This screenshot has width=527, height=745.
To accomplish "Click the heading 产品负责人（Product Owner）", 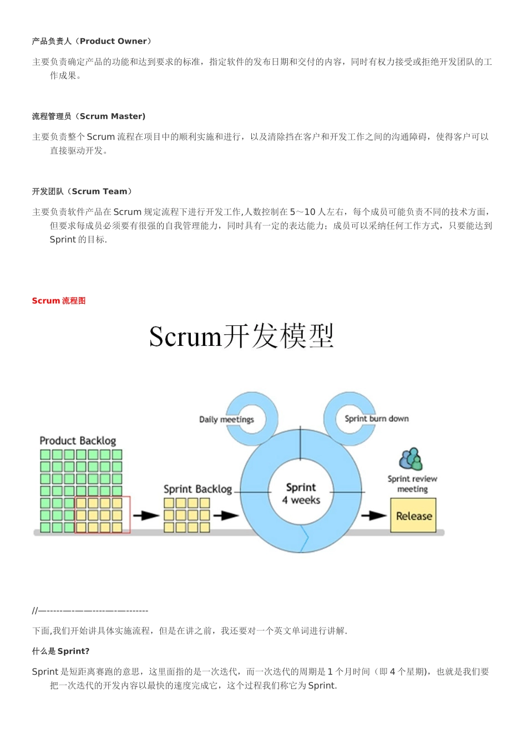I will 92,41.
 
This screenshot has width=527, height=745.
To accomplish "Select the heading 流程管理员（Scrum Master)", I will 89,116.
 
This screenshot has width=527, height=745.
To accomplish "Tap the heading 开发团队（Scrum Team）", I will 82,191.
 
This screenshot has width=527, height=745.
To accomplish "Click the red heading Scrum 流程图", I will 59,300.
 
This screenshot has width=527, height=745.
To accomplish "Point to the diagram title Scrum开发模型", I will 241,336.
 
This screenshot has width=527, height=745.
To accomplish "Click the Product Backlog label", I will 78,441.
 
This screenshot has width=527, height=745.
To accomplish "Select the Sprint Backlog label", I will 197,489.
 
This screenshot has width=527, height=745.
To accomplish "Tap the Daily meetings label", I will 226,419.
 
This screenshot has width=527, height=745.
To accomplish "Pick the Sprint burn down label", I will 377,419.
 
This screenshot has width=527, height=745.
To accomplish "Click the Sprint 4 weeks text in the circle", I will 301,493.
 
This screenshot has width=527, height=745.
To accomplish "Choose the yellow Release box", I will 413,516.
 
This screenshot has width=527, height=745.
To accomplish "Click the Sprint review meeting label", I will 412,483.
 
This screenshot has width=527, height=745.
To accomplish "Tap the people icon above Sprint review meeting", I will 411,459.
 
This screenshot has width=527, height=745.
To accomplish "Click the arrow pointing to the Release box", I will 374,516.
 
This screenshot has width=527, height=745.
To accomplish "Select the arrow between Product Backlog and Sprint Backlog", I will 146,516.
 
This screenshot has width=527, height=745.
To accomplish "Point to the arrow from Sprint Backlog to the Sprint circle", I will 226,516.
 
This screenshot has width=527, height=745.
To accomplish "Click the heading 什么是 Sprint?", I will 60,651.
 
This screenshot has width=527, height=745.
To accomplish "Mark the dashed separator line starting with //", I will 90,610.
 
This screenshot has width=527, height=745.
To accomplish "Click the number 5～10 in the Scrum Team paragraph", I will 302,212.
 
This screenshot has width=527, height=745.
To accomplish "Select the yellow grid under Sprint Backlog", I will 186,516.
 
